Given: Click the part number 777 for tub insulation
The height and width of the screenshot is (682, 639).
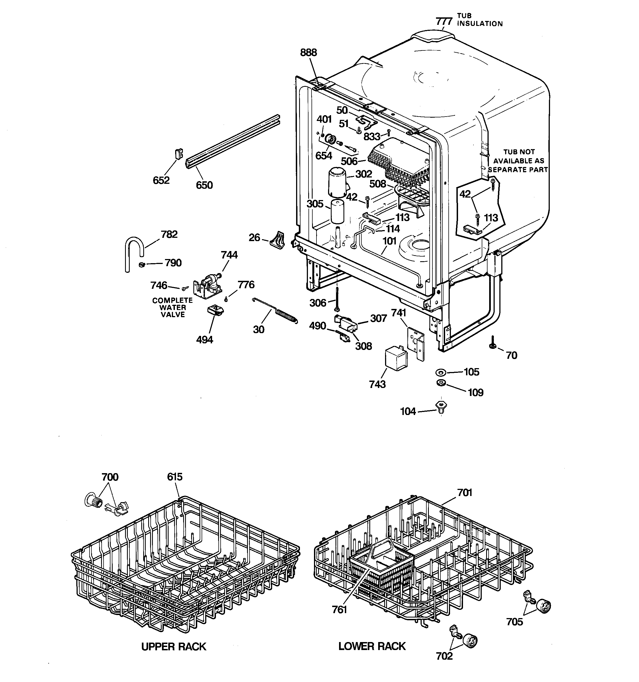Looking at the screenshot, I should pos(444,21).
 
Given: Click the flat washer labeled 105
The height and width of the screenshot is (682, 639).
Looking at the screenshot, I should pos(440,372).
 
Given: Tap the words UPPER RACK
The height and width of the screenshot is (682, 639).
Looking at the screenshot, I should pos(174,647).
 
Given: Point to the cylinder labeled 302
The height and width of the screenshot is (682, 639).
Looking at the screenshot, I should pos(337,182).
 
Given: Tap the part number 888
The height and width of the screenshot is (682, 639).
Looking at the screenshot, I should pos(308,52).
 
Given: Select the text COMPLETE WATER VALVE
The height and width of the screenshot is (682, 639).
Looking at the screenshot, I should pos(172,307).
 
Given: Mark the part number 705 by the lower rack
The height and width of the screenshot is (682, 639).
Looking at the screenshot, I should pos(515,622).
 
